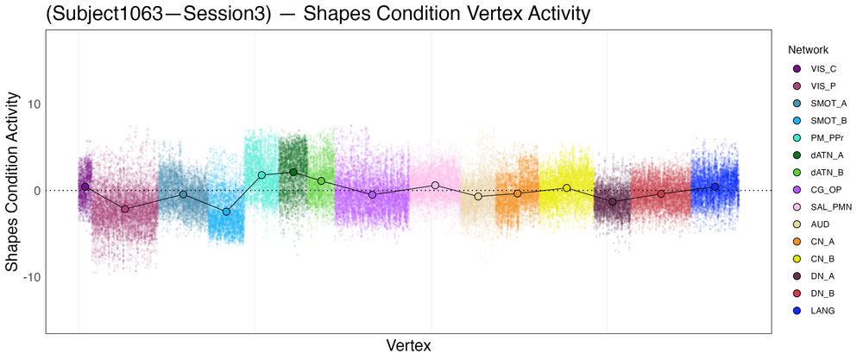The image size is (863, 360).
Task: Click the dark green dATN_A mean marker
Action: [293, 172]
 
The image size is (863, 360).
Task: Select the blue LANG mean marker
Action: [715, 186]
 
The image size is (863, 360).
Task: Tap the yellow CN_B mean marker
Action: [567, 187]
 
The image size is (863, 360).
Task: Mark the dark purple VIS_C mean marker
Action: [85, 186]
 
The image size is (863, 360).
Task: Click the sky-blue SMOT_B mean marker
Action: [226, 212]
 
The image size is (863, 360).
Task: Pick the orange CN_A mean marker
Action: [517, 193]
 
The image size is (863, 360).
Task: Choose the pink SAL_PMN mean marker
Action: [435, 185]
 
